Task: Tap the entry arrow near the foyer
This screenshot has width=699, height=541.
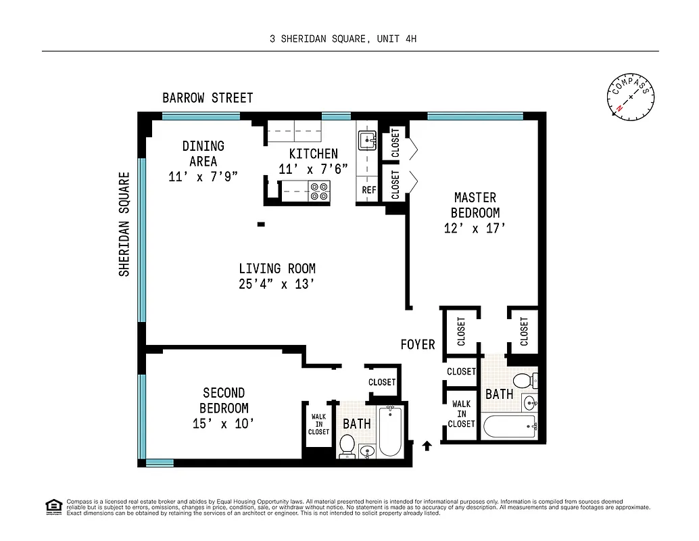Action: coord(427,445)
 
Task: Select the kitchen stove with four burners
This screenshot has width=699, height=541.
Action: coord(319,191)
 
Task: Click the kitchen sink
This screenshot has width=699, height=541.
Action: coord(367,141)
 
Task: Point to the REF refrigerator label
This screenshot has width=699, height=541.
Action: coord(368,190)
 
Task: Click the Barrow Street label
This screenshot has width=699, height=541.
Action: coord(208,98)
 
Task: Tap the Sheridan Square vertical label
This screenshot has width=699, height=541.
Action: coord(124,224)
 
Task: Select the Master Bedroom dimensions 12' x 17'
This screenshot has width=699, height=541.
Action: coord(475,229)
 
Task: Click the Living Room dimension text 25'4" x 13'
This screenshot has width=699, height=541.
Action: coord(276,284)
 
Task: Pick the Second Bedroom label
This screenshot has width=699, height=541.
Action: coord(224,400)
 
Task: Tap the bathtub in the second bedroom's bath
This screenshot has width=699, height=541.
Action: coord(390,431)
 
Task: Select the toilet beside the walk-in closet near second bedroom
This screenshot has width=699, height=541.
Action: coord(347,446)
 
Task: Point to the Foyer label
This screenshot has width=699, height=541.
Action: coord(418,344)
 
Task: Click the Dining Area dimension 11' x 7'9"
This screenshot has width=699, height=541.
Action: coord(203,177)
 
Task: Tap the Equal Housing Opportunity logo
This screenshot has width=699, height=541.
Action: coord(53,506)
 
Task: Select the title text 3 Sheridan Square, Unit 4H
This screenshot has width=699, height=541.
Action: coord(343,39)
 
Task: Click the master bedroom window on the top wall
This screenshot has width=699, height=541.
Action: coord(475,116)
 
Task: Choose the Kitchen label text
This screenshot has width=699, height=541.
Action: coord(313,154)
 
